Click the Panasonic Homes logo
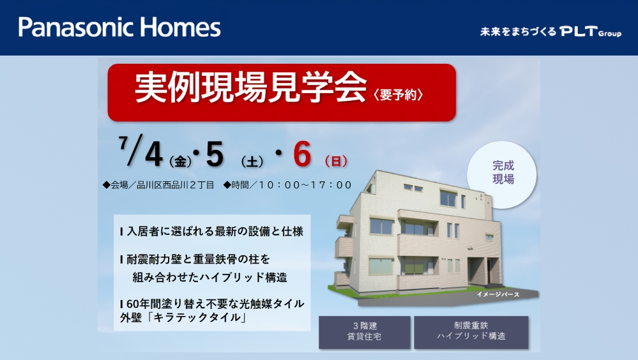pos(119,27)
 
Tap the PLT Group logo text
pos(590,31)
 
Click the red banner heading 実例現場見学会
pos(250,87)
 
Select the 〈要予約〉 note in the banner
pos(398,94)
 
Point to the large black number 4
pos(154,155)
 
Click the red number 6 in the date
pos(302,155)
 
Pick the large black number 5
pos(215,155)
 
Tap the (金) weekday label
pos(180,161)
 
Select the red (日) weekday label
pos(336,161)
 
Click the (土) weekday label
pos(252,161)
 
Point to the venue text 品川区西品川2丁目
pos(176,185)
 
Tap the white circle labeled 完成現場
pos(502,174)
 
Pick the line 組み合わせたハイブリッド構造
pos(210,278)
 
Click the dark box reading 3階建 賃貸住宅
pos(364,332)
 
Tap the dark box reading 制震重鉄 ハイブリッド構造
pos(471,331)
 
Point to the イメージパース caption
pos(498,294)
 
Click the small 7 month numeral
pos(123,142)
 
